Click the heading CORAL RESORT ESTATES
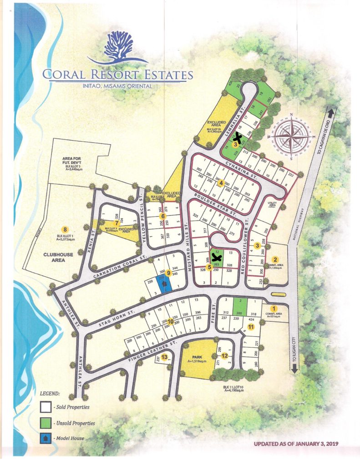pos(118,74)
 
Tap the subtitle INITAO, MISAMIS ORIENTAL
pos(118,85)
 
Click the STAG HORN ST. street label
pos(111,319)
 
